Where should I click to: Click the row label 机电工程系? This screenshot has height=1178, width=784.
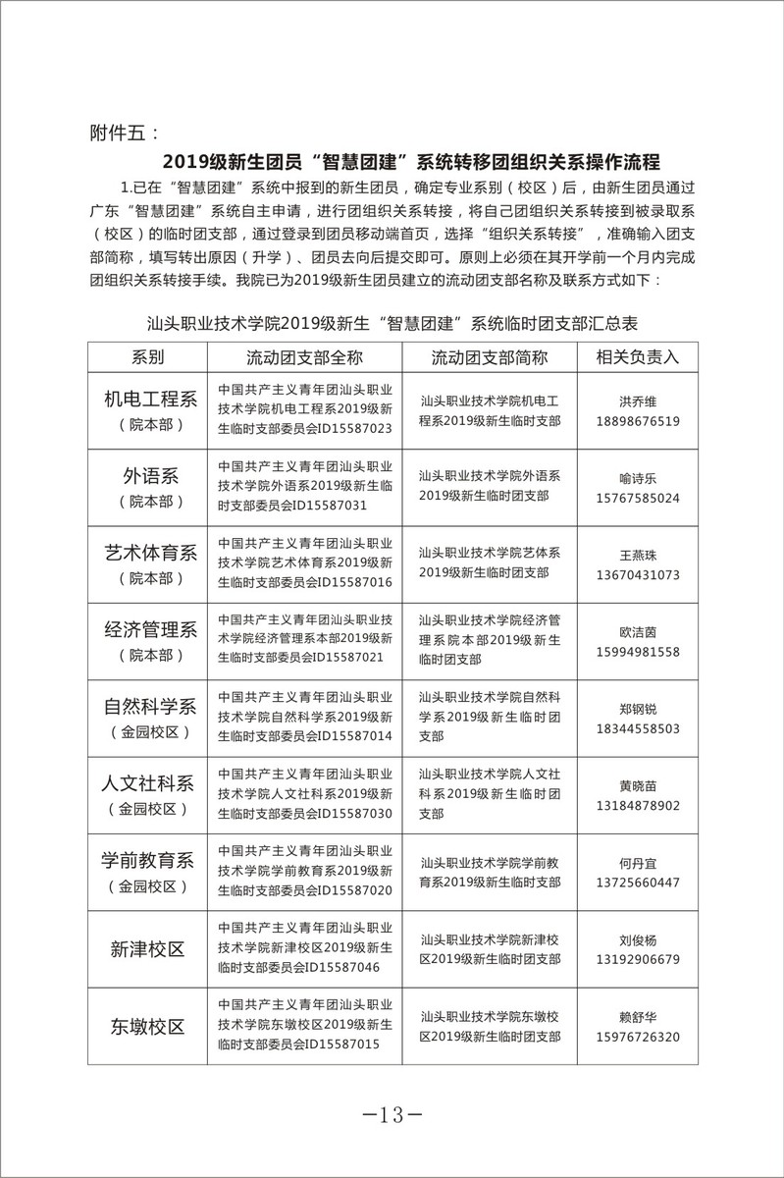pos(151,400)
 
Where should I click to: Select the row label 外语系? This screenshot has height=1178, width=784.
pos(151,477)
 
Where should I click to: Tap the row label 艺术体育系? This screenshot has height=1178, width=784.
pos(151,554)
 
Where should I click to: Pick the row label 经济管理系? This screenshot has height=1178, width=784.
pos(151,630)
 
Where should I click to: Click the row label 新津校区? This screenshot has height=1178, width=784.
pos(147,949)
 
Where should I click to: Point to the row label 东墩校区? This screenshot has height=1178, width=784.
pos(147,1027)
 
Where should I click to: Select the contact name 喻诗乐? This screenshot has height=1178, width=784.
pos(637,478)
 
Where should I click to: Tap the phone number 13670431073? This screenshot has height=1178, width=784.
pos(637,574)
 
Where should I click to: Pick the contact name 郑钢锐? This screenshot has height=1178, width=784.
pos(637,709)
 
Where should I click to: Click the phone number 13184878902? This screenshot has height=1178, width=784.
pos(637,805)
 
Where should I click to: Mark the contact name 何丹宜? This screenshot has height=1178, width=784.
pos(637,863)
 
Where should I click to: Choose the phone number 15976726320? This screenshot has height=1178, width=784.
pos(637,1037)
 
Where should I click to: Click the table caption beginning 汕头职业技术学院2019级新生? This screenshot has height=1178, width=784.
pos(392,321)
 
